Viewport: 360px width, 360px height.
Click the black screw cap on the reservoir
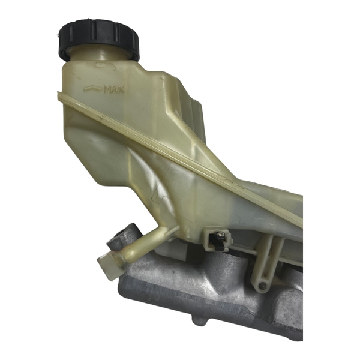pos(99,39)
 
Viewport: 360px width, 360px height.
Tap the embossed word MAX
pos(114,89)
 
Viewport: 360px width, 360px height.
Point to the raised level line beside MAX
pos(93,88)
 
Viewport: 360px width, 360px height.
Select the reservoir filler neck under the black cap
pos(101,53)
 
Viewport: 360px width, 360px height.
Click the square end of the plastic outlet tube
pos(109,265)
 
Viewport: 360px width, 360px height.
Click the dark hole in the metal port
pos(121,234)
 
